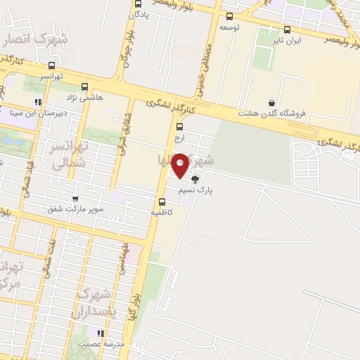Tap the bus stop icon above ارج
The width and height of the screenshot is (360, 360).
point(179,127)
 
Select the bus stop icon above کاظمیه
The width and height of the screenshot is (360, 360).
point(162,202)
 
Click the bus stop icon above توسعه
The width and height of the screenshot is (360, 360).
point(229,16)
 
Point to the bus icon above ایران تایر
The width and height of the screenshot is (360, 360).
point(287,30)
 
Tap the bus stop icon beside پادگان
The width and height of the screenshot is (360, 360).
point(136,4)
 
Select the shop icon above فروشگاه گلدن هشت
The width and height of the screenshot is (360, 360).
point(272,103)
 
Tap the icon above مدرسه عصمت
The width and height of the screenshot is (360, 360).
point(101,333)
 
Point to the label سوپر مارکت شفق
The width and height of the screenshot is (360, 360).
point(76,210)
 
